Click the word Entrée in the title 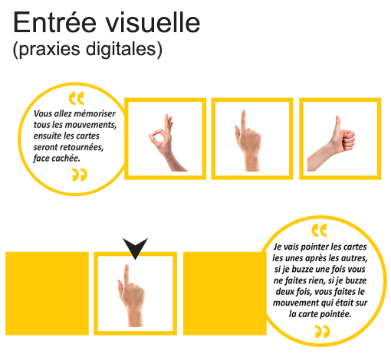(55, 22)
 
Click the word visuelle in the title (153, 22)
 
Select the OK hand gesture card (165, 139)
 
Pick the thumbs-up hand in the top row (331, 144)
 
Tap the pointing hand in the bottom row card (131, 296)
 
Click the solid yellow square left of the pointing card (47, 293)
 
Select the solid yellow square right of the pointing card (225, 293)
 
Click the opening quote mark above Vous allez (77, 98)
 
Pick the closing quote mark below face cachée (80, 175)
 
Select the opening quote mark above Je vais (319, 230)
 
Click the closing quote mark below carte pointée (323, 332)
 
